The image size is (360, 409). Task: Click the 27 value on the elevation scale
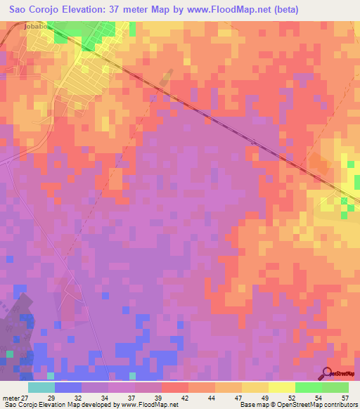[25, 397]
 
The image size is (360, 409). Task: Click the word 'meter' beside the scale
[10, 397]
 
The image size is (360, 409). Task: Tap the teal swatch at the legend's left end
[41, 387]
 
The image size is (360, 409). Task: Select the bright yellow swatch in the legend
[281, 387]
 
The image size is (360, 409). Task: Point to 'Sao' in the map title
[19, 10]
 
